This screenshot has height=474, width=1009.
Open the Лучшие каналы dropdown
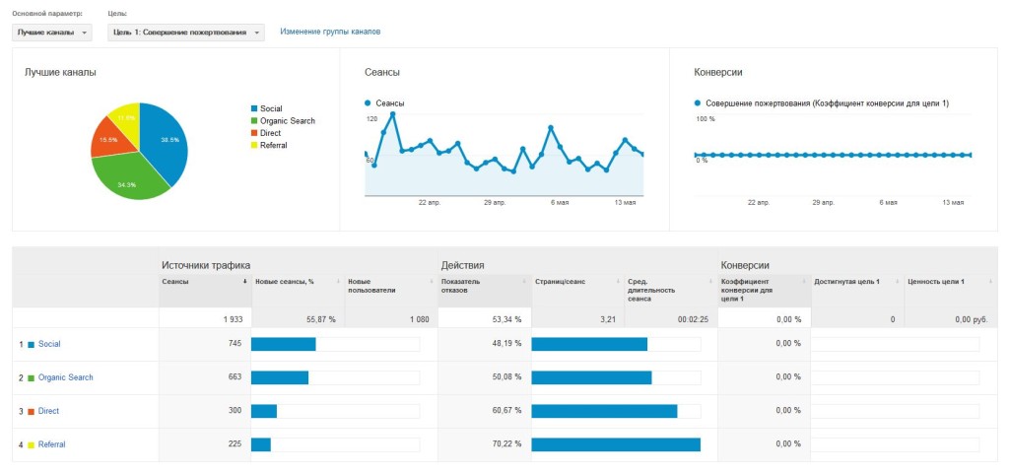51,33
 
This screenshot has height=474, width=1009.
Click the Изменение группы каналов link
330,32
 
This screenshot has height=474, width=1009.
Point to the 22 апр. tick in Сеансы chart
429,203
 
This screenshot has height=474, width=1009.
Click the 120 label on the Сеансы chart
371,119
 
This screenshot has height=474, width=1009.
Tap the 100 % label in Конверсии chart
706,119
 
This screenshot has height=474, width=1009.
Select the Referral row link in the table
52,444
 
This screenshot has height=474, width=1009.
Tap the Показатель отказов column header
461,286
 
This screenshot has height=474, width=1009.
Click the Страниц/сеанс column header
558,282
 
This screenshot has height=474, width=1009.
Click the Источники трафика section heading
206,265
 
